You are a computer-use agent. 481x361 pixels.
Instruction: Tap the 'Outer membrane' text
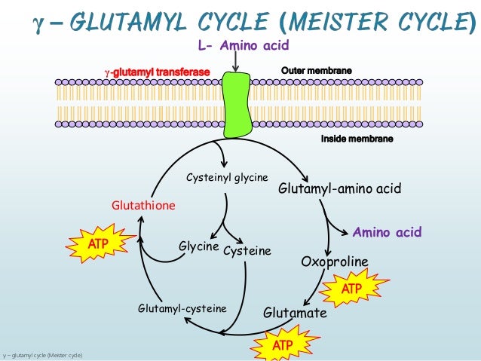click(x=316, y=71)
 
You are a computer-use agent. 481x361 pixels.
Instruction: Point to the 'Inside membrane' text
click(x=357, y=139)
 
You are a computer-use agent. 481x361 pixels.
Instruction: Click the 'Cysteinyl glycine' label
click(x=227, y=177)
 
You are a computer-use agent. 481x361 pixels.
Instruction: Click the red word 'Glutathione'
click(x=143, y=205)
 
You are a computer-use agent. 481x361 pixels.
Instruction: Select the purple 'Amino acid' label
click(x=388, y=231)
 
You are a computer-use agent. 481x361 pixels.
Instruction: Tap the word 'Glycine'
click(x=198, y=246)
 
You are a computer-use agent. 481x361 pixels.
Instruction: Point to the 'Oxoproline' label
click(x=335, y=262)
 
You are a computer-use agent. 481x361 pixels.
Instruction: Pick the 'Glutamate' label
click(x=295, y=312)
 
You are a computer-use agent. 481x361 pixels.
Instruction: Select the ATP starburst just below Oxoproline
click(x=352, y=289)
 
